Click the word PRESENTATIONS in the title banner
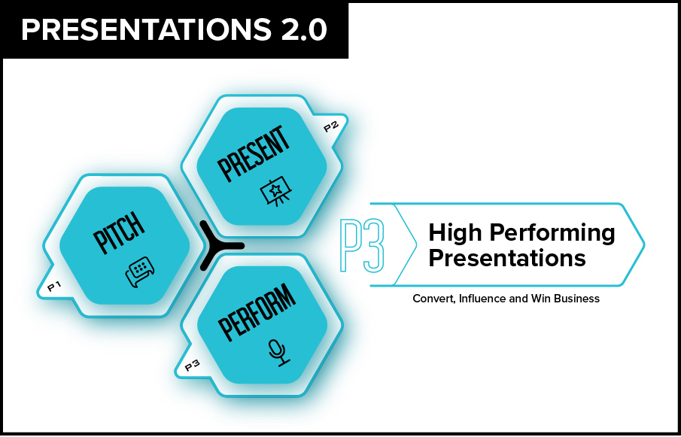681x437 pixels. tap(145, 30)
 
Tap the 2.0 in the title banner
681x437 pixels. tap(303, 30)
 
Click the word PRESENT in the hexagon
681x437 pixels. tap(254, 153)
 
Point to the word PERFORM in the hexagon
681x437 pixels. tap(257, 312)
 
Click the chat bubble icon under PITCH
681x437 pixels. tap(140, 272)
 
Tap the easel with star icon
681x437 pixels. tap(276, 190)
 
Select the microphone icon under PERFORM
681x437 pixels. tap(278, 353)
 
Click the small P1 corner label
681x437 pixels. tap(54, 286)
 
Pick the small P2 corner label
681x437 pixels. tap(330, 127)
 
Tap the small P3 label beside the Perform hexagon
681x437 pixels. tap(192, 367)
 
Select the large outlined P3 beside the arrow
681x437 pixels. tap(362, 245)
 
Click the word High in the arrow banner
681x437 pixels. tap(455, 233)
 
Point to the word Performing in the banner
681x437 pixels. tap(552, 233)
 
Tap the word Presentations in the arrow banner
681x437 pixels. tap(507, 258)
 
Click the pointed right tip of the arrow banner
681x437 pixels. tap(645, 244)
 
